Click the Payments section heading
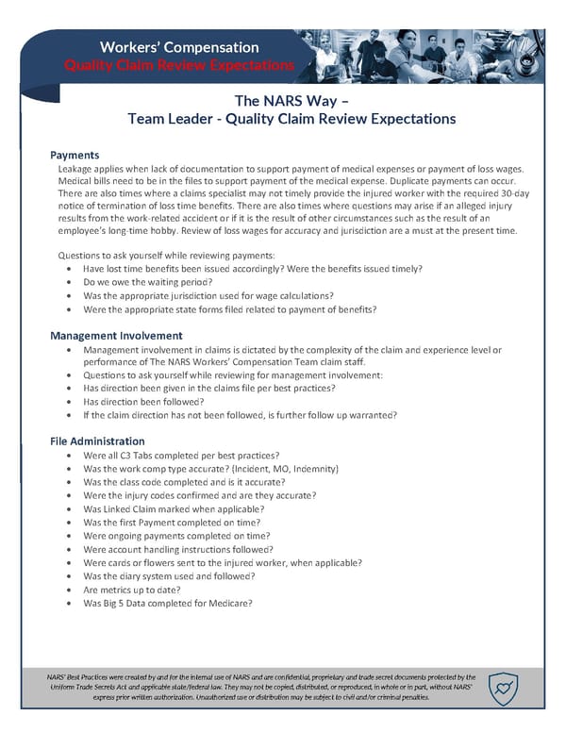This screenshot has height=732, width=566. [75, 155]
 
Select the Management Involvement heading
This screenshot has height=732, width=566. [116, 335]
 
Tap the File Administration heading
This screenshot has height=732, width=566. [97, 441]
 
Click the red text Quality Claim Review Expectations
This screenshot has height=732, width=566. [178, 64]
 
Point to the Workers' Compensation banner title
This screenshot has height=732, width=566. [179, 46]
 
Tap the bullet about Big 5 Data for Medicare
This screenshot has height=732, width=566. [167, 603]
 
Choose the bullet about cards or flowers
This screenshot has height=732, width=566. [222, 562]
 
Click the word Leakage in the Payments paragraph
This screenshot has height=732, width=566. [77, 168]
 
